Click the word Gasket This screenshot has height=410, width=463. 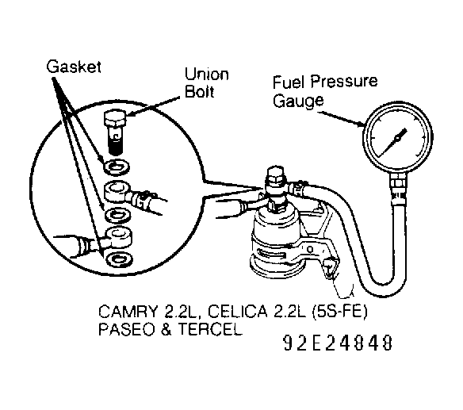(74, 67)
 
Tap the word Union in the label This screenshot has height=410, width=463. (207, 74)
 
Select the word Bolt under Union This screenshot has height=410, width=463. (199, 91)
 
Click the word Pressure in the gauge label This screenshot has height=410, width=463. (344, 82)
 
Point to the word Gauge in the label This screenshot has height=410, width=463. (298, 101)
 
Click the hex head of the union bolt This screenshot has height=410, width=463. (115, 120)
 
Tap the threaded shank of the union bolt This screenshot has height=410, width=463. (116, 141)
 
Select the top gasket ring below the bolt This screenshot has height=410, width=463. (117, 166)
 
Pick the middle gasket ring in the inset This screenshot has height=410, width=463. (118, 215)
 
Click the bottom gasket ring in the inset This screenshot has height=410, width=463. (119, 259)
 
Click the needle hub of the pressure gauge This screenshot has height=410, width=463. (397, 138)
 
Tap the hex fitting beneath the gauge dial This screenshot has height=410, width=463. (398, 180)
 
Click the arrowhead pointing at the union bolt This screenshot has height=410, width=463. (132, 113)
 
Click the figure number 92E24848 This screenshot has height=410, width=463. (338, 343)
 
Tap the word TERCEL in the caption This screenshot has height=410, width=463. (210, 329)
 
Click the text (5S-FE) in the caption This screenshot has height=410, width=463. (339, 312)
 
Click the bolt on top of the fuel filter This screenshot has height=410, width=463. (275, 177)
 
